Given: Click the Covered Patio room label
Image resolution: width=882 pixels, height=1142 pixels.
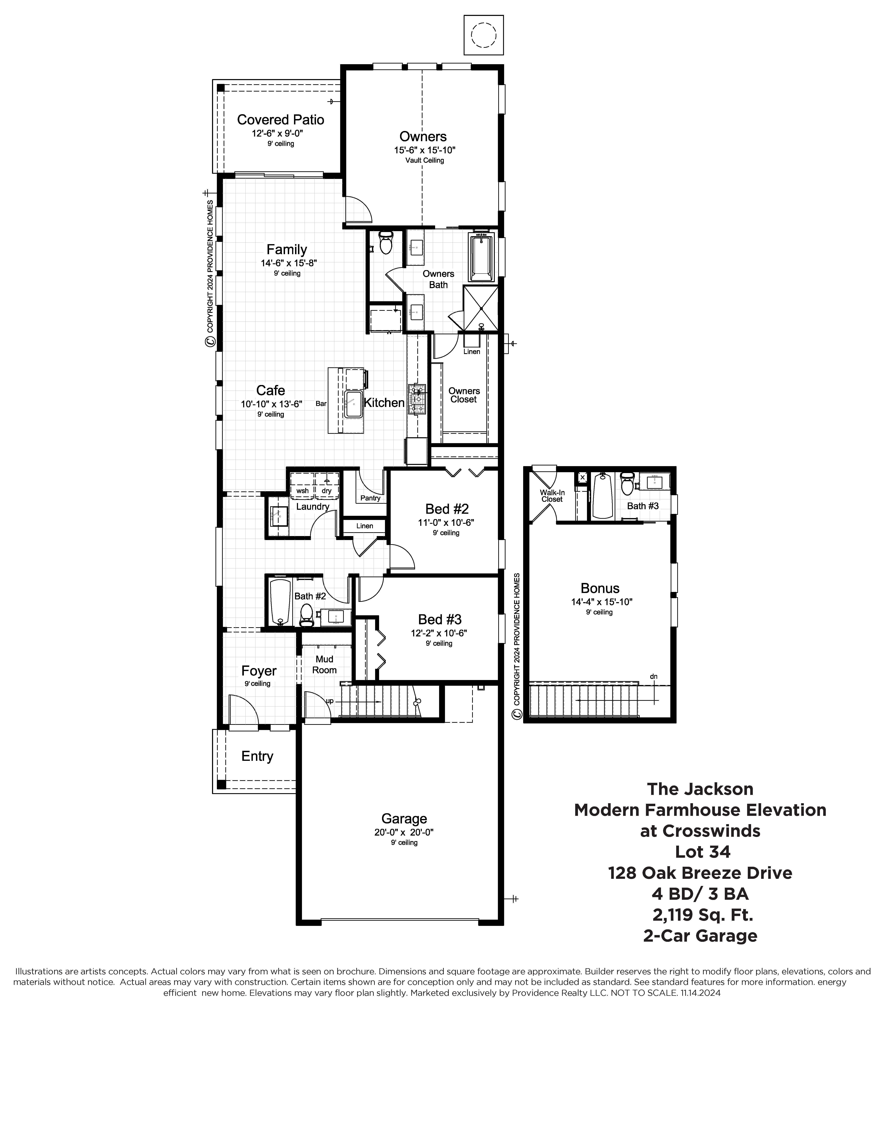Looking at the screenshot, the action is [x=281, y=120].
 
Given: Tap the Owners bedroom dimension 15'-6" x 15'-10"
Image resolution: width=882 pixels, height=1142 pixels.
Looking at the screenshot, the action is [x=425, y=150].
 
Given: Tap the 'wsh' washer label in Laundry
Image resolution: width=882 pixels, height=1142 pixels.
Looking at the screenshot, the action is [x=302, y=491].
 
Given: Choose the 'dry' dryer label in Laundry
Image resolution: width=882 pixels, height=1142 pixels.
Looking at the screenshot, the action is [x=327, y=491].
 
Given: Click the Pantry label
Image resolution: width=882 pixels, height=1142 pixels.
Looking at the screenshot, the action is [x=370, y=498].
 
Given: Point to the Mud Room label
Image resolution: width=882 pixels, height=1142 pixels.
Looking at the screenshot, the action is [x=324, y=665].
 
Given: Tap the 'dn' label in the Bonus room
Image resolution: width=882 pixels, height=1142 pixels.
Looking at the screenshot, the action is [x=654, y=676].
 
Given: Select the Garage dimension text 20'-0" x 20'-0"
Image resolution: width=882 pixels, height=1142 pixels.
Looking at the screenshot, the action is [x=404, y=832].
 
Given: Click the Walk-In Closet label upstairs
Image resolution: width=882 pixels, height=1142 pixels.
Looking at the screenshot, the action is [x=552, y=496].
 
